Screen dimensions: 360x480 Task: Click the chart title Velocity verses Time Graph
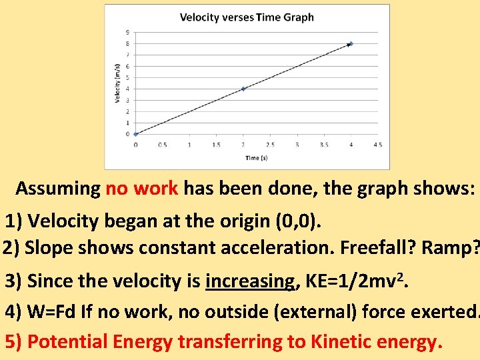(x=247, y=17)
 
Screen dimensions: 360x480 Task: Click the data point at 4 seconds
(x=351, y=44)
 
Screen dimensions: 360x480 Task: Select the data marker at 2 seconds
(x=243, y=89)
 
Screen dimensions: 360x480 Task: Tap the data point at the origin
(x=136, y=134)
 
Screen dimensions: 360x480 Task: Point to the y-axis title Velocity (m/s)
(x=117, y=83)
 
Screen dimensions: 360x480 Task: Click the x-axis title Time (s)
(x=257, y=158)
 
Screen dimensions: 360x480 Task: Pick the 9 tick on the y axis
(x=127, y=32)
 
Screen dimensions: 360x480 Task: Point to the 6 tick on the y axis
(x=127, y=66)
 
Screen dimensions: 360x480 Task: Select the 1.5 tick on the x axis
(x=217, y=145)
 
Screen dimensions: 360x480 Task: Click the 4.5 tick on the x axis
(x=377, y=145)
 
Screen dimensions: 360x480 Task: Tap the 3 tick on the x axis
(x=297, y=145)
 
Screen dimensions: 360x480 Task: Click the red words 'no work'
(x=141, y=188)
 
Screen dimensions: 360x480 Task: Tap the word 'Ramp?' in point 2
(x=454, y=248)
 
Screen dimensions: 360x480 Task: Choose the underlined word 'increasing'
(x=251, y=282)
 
